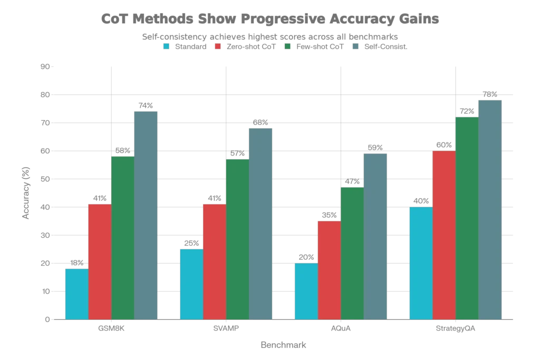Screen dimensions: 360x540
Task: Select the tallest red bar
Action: coord(443,235)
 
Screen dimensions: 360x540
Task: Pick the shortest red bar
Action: coord(329,269)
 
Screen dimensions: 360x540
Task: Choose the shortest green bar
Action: coord(352,253)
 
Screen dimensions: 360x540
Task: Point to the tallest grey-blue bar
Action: coord(490,208)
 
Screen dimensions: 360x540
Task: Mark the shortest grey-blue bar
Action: coord(375,235)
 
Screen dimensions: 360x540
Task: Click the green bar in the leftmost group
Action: coord(122,237)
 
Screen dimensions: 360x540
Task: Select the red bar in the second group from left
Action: coord(214,261)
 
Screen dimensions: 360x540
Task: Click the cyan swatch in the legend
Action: coord(166,46)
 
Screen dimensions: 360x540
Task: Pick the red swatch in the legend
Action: coord(217,46)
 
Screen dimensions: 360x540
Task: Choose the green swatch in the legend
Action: coord(287,46)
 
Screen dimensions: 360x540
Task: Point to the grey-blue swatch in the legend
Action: coord(354,46)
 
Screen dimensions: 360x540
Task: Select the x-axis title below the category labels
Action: coord(282,344)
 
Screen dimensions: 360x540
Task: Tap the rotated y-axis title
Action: coord(26,192)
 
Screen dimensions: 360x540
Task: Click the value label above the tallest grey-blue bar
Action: coord(490,93)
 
